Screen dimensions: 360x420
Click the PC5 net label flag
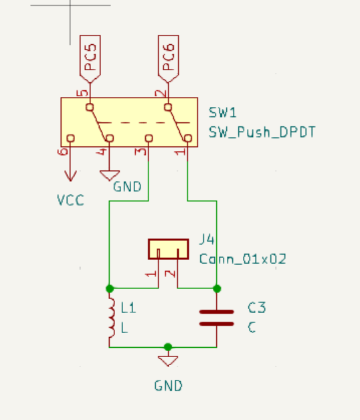tap(90, 59)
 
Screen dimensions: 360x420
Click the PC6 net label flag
tap(169, 59)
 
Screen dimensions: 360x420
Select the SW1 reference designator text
tap(222, 112)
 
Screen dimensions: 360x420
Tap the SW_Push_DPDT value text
tap(262, 132)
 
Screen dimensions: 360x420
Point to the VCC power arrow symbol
tap(70, 175)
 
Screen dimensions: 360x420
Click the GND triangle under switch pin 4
tap(109, 175)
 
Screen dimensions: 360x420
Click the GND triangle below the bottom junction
tap(168, 360)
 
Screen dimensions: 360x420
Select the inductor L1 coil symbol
tap(112, 318)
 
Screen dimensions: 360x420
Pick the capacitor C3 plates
tap(217, 318)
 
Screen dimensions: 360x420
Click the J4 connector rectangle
tap(169, 249)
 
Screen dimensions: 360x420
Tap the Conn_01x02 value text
tap(243, 259)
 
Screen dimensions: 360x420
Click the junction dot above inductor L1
tap(110, 288)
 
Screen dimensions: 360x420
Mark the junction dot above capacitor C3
tap(217, 288)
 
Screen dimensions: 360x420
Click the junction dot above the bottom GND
tap(168, 347)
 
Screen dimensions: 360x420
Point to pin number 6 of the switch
tap(63, 152)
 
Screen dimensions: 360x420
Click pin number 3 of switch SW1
tap(141, 152)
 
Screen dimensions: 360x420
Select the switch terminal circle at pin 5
tap(90, 107)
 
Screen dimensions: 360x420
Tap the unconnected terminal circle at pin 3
tap(149, 138)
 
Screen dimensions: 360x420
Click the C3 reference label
tap(257, 308)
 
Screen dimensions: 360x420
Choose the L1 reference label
tap(128, 308)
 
